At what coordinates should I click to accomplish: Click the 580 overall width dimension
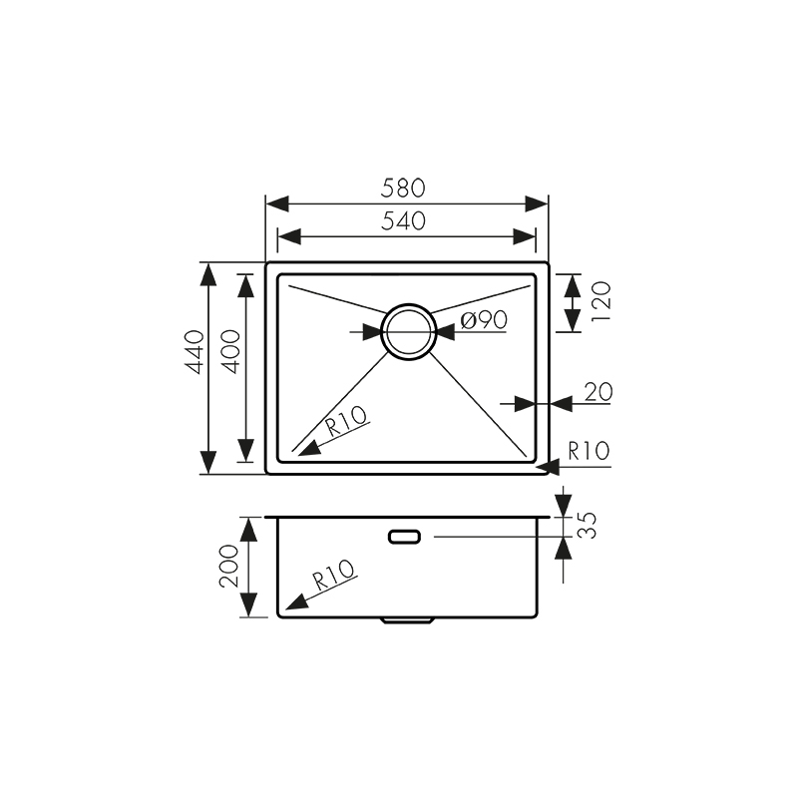(405, 187)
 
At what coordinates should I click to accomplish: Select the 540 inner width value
(405, 221)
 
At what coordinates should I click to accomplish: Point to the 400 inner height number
(230, 352)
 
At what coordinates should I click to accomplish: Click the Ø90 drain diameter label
(486, 320)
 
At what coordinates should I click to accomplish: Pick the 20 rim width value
(597, 391)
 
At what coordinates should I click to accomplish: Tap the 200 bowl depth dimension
(228, 567)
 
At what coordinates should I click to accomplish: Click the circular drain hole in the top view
(409, 330)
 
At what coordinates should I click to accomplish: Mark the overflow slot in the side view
(405, 537)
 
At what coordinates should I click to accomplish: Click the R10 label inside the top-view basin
(346, 423)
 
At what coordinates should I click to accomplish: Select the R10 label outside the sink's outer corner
(588, 451)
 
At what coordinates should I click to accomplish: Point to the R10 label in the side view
(332, 576)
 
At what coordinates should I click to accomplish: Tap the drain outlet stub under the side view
(407, 620)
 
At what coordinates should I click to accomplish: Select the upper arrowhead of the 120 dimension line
(571, 284)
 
